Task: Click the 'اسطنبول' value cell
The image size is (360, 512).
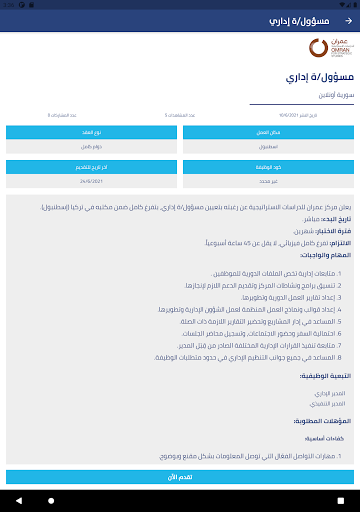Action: click(268, 147)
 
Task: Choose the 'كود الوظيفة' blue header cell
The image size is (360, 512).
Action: click(268, 165)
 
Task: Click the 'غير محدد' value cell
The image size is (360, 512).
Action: click(268, 181)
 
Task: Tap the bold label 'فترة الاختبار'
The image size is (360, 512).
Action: click(326, 229)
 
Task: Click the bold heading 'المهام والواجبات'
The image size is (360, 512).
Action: click(321, 254)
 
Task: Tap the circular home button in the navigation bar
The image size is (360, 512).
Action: click(180, 497)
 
